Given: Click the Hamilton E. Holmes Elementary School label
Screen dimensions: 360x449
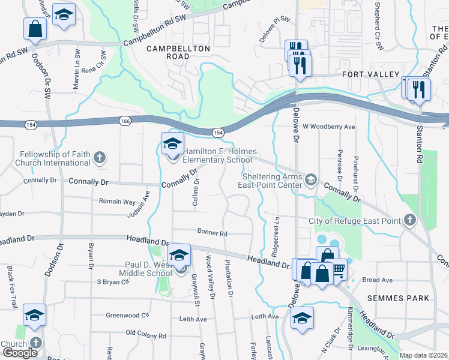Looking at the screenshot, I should click(x=217, y=156).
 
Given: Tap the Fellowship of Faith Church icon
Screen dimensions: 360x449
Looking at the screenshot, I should click(x=100, y=158).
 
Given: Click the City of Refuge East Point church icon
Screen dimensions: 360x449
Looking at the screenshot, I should click(x=409, y=221).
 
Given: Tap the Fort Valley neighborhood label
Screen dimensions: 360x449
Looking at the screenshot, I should click(x=370, y=74).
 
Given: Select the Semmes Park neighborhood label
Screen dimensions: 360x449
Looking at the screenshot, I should click(x=400, y=298).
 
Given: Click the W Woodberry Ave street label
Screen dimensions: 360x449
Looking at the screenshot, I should click(x=329, y=127).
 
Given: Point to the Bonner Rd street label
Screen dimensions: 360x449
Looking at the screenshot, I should click(x=212, y=233).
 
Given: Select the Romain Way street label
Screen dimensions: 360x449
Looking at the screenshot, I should click(x=118, y=202).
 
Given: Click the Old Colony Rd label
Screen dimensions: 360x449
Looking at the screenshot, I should click(x=145, y=334).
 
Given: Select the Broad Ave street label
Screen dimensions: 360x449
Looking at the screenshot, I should click(x=377, y=280).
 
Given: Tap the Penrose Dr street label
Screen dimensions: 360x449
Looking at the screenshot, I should click(x=340, y=165).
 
